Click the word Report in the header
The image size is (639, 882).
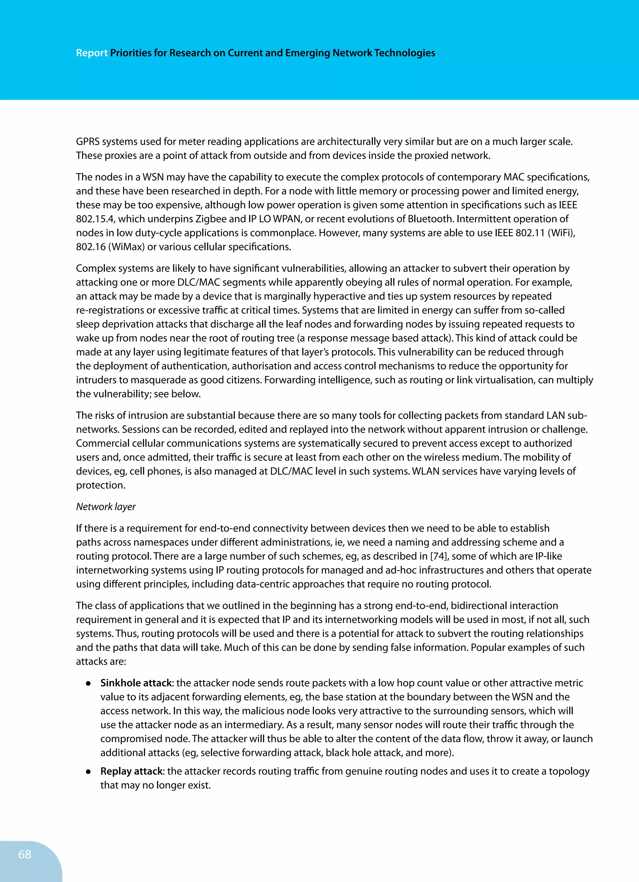point(91,53)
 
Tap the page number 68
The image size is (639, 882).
point(25,854)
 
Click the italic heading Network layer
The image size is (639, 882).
point(105,507)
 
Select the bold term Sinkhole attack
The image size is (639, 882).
point(136,683)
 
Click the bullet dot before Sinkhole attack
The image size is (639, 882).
point(89,684)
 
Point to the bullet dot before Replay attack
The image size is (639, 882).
point(89,772)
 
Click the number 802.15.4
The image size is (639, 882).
point(95,219)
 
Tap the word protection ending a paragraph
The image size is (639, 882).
point(100,485)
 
